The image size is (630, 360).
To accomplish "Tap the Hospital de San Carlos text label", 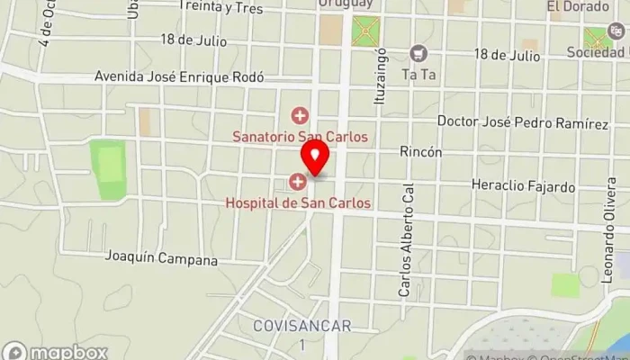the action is (x=297, y=202).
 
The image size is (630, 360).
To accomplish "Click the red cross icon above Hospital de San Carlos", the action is (x=297, y=183).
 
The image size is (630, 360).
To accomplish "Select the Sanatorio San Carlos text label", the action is (x=301, y=138).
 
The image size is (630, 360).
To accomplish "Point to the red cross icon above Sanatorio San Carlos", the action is (x=299, y=115).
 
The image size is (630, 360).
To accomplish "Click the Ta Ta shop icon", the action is (x=418, y=54).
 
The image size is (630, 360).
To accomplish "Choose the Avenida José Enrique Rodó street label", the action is (x=179, y=77).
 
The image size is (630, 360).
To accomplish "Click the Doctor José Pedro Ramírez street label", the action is (x=522, y=121).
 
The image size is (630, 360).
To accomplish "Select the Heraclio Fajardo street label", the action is (x=523, y=187).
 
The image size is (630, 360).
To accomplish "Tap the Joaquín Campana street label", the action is (x=162, y=260).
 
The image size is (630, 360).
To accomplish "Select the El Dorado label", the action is (x=571, y=7).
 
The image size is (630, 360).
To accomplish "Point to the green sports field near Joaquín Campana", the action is (x=108, y=169).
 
